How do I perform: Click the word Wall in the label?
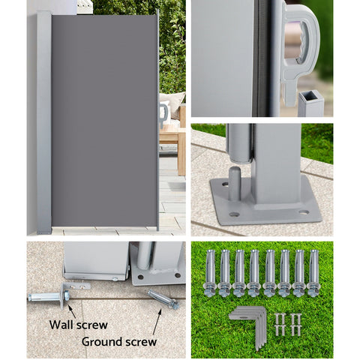[x=61, y=325]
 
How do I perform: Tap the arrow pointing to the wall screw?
[x=72, y=312]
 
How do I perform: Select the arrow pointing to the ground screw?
[x=157, y=322]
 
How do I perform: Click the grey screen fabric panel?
[x=104, y=121]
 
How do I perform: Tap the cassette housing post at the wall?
[x=44, y=122]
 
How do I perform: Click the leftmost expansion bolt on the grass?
[x=210, y=272]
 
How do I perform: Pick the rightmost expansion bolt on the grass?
[x=313, y=272]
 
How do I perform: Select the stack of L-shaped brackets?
[x=249, y=326]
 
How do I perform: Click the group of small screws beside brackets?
[x=287, y=324]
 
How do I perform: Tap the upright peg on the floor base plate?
[x=235, y=184]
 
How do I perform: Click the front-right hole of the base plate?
[x=304, y=212]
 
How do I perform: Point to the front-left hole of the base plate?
[x=234, y=214]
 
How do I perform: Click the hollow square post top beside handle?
[x=310, y=103]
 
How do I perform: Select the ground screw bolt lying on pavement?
[x=163, y=299]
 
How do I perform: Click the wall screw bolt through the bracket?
[x=49, y=297]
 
